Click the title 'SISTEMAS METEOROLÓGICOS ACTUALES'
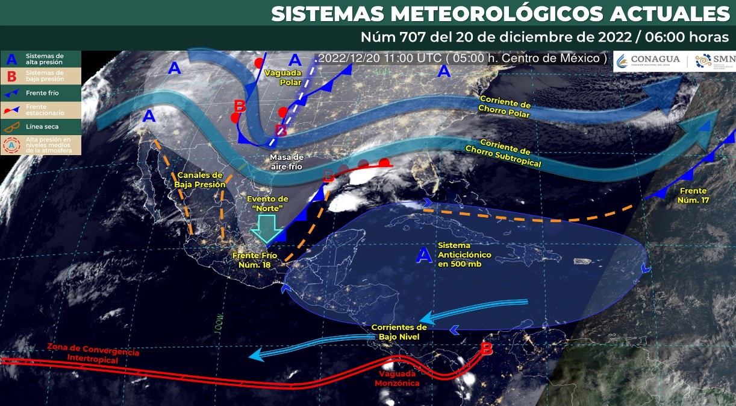click(x=500, y=13)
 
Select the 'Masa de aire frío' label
click(x=287, y=161)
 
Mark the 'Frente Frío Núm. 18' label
click(x=255, y=260)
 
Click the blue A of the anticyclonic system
click(x=424, y=256)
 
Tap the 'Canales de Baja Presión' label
click(x=200, y=179)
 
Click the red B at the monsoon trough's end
click(x=487, y=349)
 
